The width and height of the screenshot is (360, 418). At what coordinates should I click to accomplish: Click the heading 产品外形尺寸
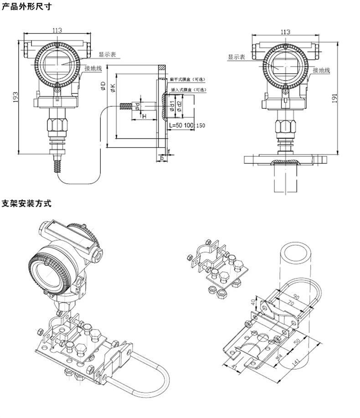[27, 7]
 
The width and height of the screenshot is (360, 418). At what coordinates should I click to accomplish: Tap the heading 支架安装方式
[27, 203]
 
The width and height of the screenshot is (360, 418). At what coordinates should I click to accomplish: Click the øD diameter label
[103, 86]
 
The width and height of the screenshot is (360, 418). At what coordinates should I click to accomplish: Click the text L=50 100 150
[187, 125]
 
